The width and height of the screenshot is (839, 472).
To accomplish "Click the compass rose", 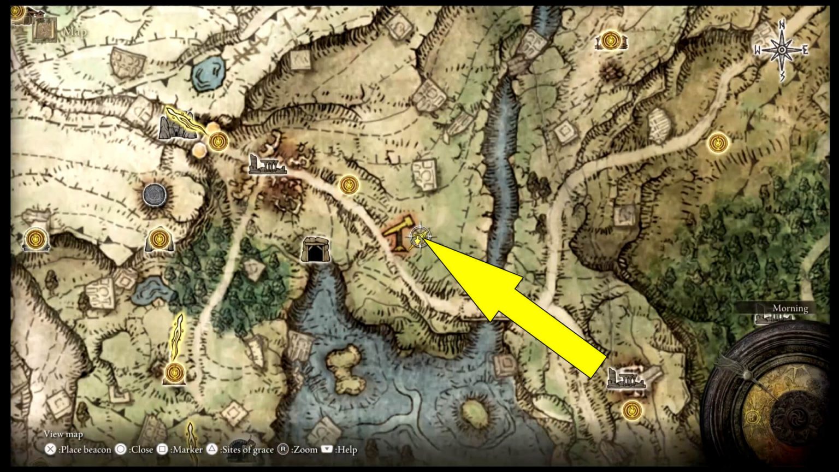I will pos(782,50).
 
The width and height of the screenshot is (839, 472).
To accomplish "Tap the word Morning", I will pos(790,308).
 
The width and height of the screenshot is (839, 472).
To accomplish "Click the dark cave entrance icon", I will pos(315,250).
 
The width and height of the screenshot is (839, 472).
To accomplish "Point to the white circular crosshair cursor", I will pos(419,238).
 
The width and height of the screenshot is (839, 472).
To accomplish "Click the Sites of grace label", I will pos(247,450).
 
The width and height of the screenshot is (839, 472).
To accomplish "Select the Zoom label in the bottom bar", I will pos(304,450).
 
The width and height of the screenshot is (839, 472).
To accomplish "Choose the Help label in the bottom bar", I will pos(346,450).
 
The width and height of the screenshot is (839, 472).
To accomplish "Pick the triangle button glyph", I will pos(212,450).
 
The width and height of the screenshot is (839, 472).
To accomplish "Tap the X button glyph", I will pos(50,450).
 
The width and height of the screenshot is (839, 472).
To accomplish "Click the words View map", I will pos(63,434).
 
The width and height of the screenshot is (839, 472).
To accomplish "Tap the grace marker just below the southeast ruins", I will pos(632,409).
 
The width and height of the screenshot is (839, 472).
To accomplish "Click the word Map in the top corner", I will pos(75,32).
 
